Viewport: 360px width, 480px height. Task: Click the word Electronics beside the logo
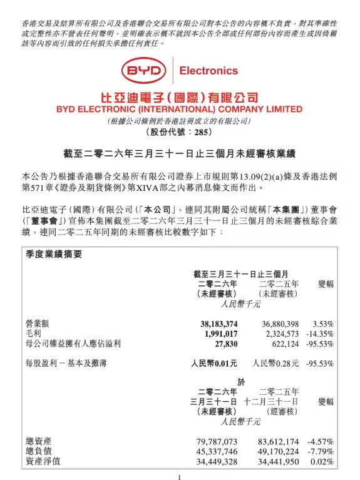208,71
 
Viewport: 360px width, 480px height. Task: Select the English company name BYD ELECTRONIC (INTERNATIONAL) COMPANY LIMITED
179,109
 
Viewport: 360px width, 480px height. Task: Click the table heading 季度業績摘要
54,254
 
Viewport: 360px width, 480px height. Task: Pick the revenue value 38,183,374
214,324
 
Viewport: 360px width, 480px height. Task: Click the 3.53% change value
322,324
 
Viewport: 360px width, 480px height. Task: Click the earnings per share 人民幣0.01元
214,362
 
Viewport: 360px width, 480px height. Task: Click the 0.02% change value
322,462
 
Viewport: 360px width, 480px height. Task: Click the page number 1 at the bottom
179,476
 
